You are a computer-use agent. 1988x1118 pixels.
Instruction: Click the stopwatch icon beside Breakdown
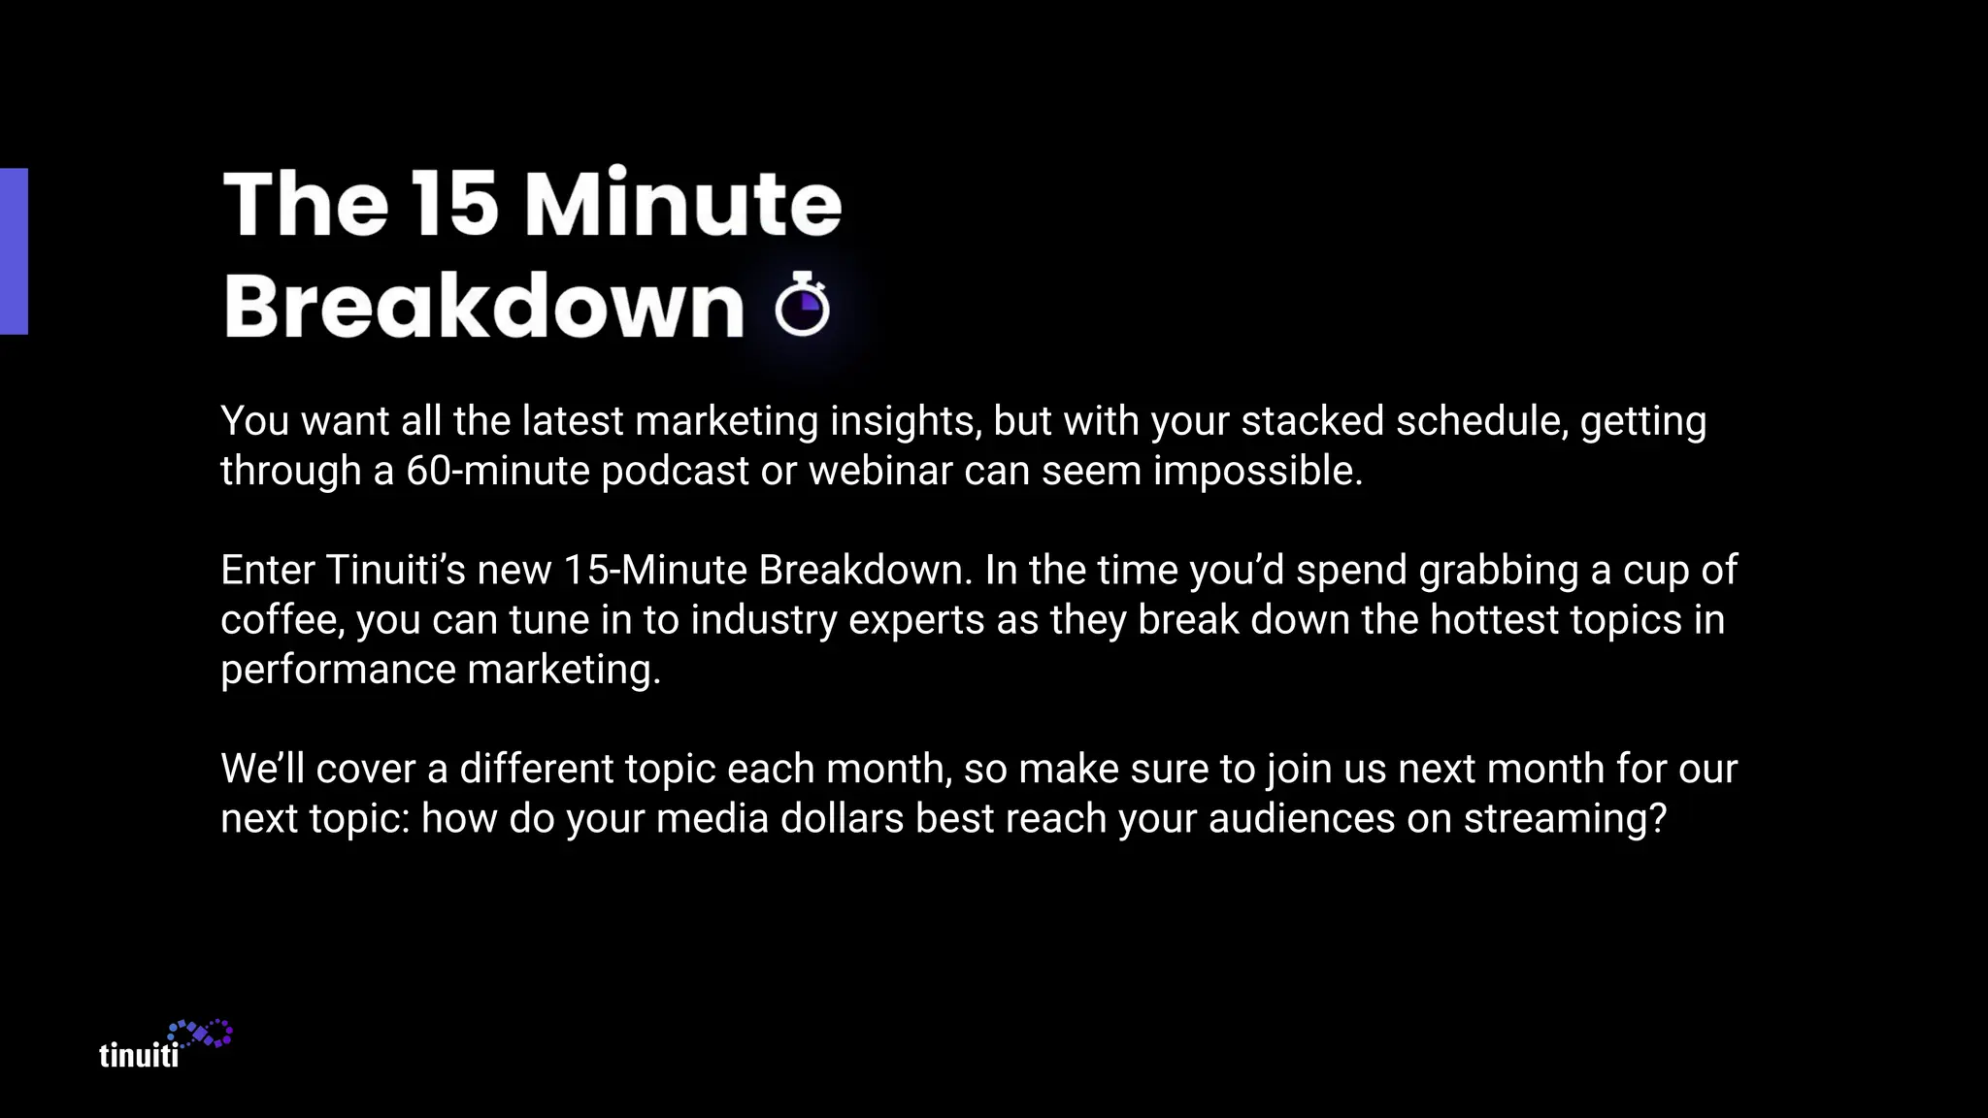(803, 306)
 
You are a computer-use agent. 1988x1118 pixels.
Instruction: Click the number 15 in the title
(453, 204)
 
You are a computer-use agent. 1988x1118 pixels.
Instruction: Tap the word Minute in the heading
(682, 204)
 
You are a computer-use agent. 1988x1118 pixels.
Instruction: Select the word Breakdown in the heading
(483, 306)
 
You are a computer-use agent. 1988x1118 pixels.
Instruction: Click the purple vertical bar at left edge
(14, 251)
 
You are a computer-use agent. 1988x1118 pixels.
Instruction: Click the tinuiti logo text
(139, 1055)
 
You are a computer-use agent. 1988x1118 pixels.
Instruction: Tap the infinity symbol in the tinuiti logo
(201, 1035)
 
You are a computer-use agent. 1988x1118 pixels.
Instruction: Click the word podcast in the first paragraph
(675, 472)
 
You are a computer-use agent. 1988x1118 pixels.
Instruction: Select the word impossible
(1257, 472)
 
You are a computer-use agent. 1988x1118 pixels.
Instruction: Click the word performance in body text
(338, 671)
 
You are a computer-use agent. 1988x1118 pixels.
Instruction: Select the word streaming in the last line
(1564, 819)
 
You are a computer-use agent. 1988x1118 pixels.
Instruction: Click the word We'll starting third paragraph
(262, 770)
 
